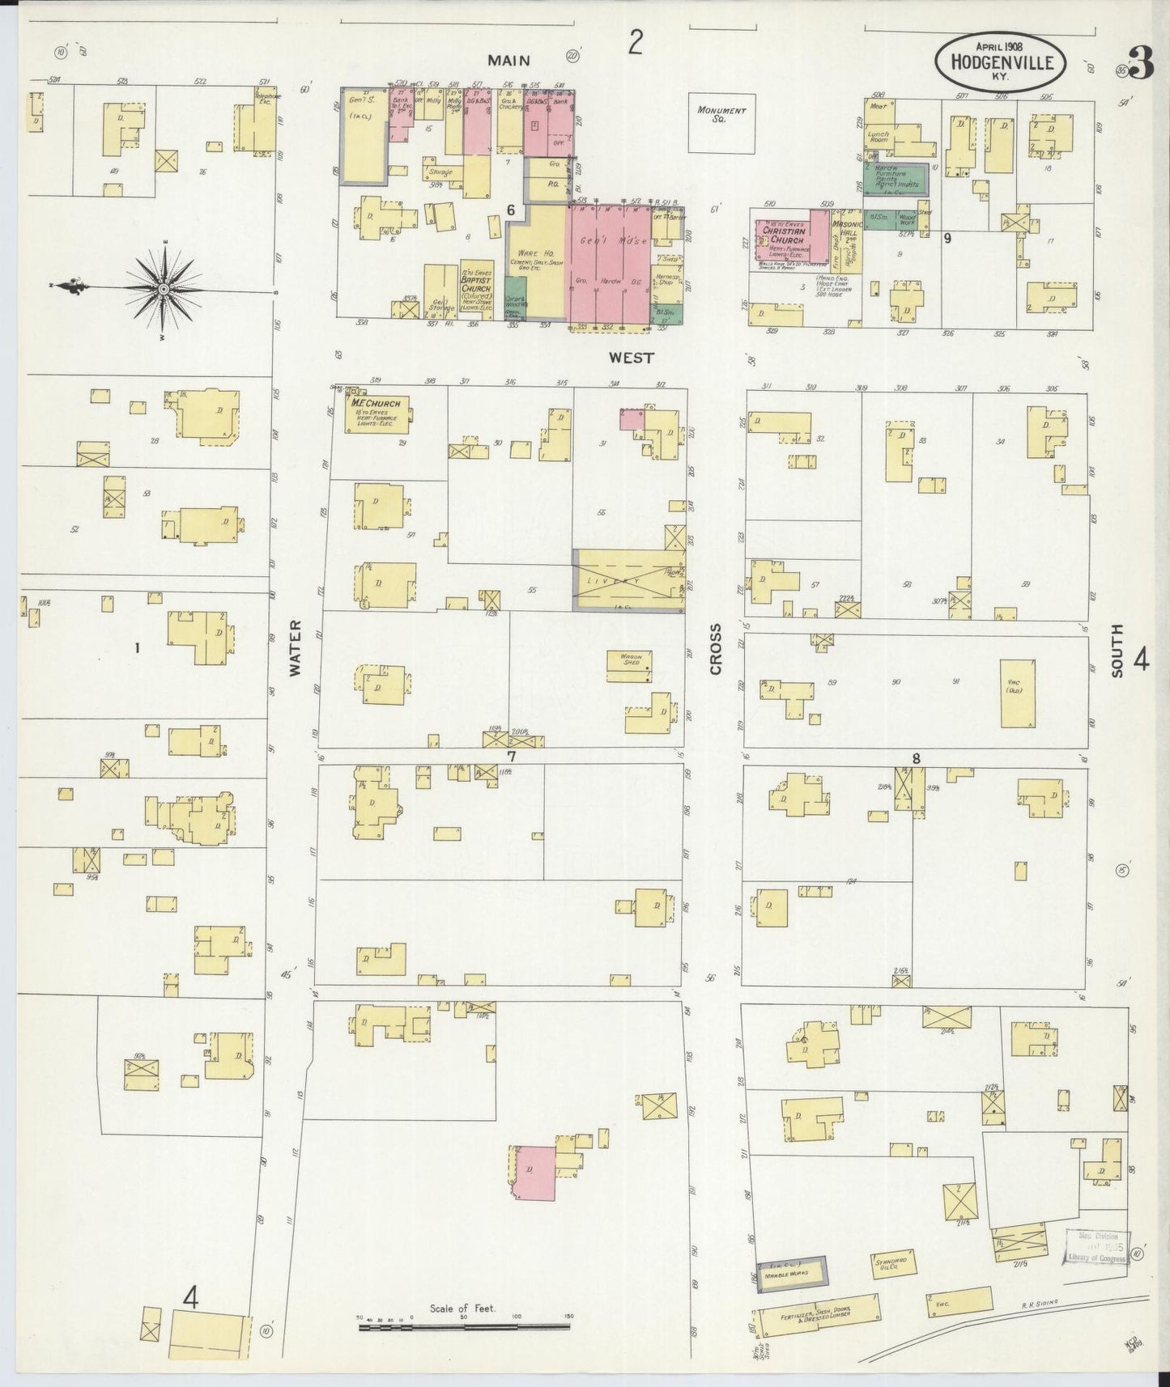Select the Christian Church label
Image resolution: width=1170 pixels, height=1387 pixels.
click(x=783, y=235)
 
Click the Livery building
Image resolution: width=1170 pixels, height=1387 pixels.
click(x=628, y=579)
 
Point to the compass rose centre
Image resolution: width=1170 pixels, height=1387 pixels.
click(x=164, y=288)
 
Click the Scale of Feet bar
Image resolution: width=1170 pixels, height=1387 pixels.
click(x=465, y=1326)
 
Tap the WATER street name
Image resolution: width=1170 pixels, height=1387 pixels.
click(x=295, y=648)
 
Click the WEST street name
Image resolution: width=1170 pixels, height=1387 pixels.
click(x=631, y=357)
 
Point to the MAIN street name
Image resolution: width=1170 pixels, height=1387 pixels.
click(x=508, y=60)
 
